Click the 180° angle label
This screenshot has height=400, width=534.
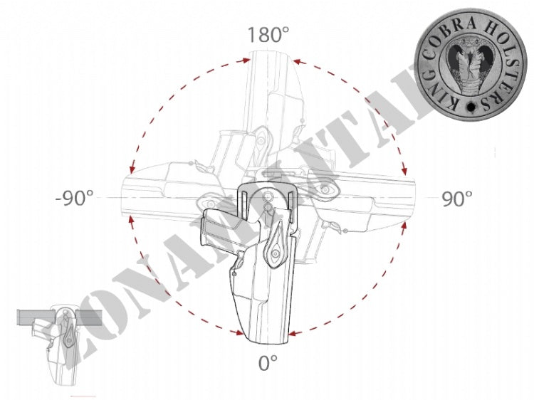(268, 35)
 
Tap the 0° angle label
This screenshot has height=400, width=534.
(268, 363)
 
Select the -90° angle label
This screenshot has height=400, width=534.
(74, 198)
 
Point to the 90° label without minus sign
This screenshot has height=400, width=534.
(457, 199)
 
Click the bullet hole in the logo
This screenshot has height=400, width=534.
(471, 107)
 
